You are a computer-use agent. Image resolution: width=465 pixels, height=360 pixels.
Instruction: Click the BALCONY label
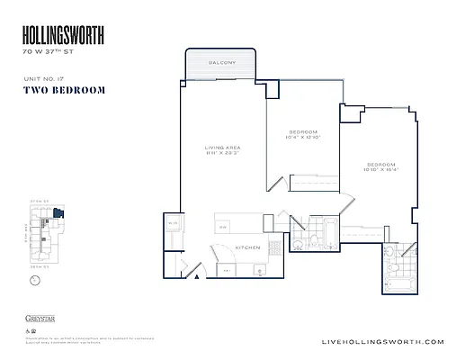pyautogui.click(x=221, y=63)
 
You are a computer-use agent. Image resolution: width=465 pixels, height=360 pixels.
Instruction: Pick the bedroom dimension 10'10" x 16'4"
pyautogui.click(x=380, y=170)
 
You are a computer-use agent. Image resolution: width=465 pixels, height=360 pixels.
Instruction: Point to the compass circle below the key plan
pyautogui.click(x=34, y=280)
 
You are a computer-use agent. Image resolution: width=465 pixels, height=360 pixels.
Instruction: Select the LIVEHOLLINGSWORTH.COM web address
pyautogui.click(x=382, y=341)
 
